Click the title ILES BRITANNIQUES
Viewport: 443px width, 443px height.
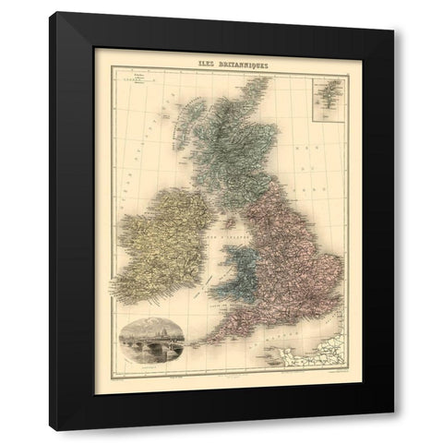click(x=225, y=64)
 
